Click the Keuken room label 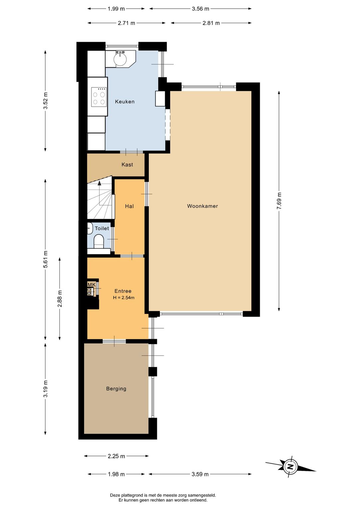[125, 102]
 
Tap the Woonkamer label [202, 206]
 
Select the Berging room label [116, 389]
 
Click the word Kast [127, 164]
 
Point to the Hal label [129, 206]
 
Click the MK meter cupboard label [92, 285]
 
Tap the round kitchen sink [120, 59]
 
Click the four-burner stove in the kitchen [99, 97]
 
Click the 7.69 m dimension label [279, 201]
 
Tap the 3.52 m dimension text [45, 101]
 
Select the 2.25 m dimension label [116, 456]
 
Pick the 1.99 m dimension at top [116, 9]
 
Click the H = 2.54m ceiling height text [124, 298]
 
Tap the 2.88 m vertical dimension [60, 299]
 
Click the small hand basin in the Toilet [90, 228]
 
